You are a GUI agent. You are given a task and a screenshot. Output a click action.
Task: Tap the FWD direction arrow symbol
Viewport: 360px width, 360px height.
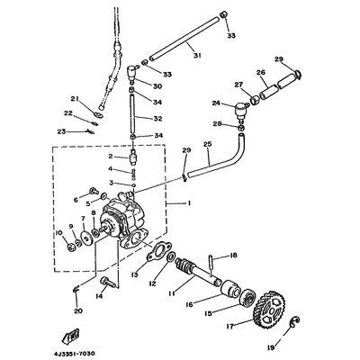pos(71,336)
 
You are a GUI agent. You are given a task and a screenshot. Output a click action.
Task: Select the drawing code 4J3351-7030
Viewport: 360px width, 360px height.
pos(73,354)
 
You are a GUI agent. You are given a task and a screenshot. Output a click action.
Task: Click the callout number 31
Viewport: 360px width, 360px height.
pos(197,56)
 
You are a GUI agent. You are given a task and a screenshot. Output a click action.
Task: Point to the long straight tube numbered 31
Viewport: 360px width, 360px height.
pos(184,38)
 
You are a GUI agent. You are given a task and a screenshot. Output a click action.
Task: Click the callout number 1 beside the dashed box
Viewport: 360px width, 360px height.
pos(189,203)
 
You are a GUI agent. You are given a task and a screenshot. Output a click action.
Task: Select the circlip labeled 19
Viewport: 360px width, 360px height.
pos(295,321)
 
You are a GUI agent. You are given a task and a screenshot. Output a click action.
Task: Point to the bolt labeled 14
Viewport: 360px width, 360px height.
pos(108,282)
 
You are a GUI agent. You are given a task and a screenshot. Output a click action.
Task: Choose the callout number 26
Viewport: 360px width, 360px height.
pos(261,73)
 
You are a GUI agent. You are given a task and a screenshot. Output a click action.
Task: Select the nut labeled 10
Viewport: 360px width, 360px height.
pos(71,247)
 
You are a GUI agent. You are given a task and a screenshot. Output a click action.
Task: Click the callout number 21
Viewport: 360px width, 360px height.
pos(75,99)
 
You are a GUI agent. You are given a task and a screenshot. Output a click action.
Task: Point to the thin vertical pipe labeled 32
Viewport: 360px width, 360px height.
pos(132,114)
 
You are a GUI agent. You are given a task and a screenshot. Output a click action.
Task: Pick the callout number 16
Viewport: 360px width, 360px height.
pos(190,304)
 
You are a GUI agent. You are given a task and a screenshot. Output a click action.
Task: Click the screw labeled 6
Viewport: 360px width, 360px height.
pos(94,191)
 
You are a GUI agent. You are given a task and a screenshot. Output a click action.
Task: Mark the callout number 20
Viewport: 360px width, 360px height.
pos(78,311)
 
